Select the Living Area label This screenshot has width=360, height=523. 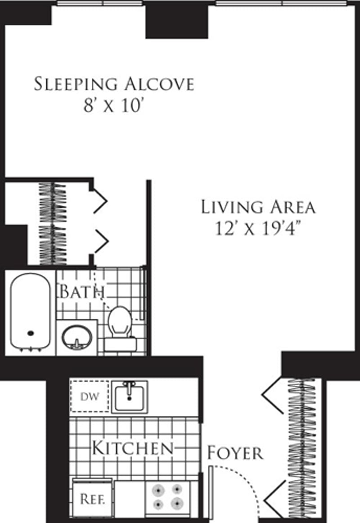coord(258,207)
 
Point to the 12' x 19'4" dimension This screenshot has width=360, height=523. coord(258,229)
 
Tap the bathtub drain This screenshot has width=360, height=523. coord(31,333)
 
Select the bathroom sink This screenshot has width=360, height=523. coord(76,337)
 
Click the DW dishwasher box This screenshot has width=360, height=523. coord(89,396)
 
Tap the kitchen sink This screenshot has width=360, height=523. coord(130,396)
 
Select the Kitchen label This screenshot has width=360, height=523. coord(132,448)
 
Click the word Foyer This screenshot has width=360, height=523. coord(235,453)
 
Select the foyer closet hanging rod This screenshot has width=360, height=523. coord(302,448)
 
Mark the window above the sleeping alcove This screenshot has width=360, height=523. coord(99,3)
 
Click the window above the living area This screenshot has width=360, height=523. coord(281,3)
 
